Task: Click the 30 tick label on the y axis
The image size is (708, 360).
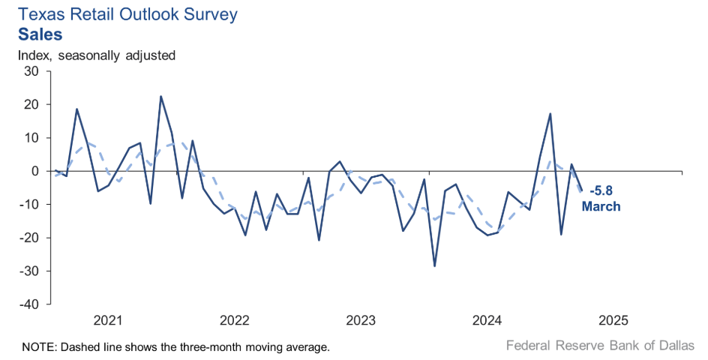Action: (x=31, y=71)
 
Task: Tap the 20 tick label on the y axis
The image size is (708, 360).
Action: (x=31, y=104)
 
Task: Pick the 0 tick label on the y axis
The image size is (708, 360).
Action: (x=34, y=171)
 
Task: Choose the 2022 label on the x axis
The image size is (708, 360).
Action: (x=234, y=321)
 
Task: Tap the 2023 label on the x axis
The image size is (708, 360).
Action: (x=361, y=321)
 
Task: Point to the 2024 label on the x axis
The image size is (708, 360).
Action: (x=487, y=321)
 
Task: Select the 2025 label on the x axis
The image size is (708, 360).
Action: (x=614, y=321)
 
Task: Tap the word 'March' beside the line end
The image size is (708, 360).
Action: (x=601, y=206)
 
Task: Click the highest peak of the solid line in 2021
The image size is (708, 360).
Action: (x=160, y=96)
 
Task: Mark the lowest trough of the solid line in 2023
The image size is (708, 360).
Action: (x=434, y=266)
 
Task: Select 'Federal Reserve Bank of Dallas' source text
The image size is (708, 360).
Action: (x=599, y=346)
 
